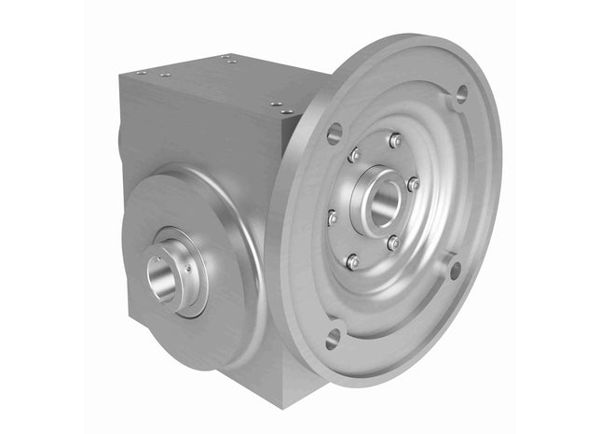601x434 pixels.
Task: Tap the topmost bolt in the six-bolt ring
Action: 395,140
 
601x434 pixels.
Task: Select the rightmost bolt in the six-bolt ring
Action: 413,184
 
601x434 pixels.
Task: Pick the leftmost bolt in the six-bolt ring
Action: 333,217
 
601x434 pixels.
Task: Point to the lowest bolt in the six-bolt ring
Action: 352,262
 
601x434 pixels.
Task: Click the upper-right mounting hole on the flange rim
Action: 460,93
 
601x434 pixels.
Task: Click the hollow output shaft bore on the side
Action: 160,279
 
